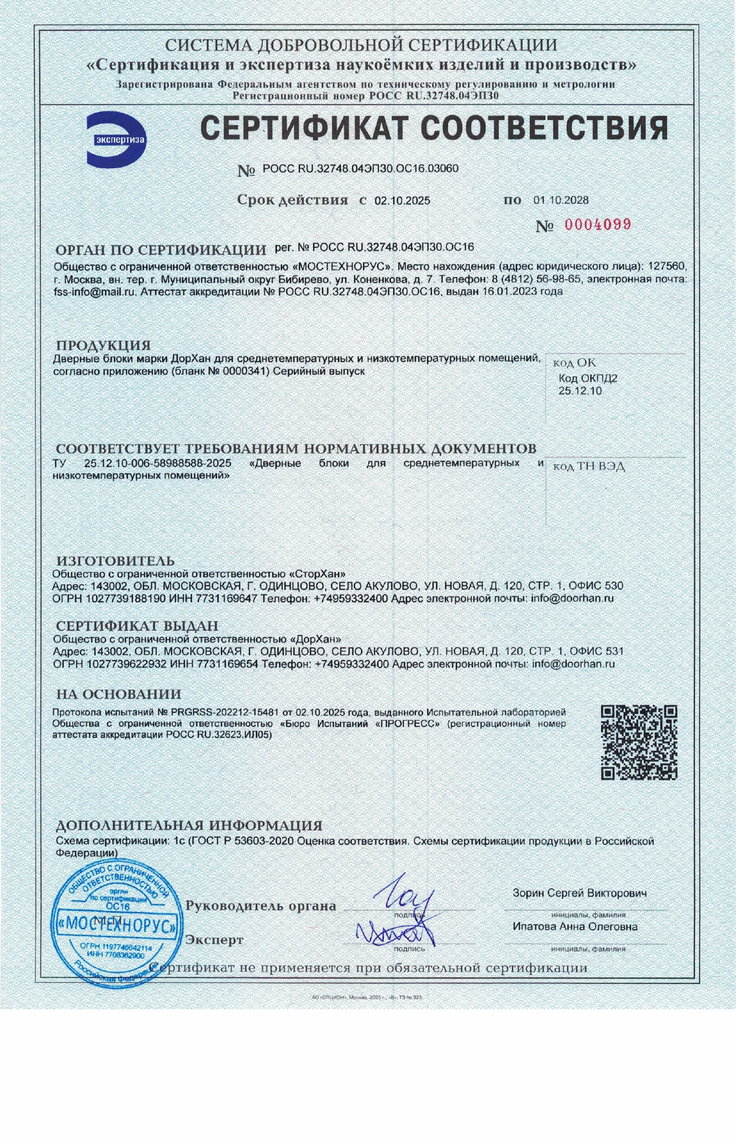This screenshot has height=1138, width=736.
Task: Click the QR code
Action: [639, 742]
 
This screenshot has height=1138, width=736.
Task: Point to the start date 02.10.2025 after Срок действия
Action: [402, 201]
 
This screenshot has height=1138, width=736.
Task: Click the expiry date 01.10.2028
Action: [561, 200]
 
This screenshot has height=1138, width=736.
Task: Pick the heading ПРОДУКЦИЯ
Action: [103, 345]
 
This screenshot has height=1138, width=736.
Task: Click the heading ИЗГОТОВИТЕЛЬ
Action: [115, 561]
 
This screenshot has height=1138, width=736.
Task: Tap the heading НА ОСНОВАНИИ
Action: [119, 694]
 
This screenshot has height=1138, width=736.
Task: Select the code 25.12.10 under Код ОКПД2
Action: [580, 391]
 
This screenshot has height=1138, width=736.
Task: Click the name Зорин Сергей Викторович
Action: [580, 893]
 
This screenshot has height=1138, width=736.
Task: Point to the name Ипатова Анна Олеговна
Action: [575, 927]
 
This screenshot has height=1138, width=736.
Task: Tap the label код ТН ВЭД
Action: [589, 466]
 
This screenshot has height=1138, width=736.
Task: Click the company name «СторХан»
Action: [316, 574]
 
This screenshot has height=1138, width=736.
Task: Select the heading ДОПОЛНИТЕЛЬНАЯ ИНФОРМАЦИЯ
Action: [189, 825]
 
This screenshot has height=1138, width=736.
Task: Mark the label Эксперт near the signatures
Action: [214, 940]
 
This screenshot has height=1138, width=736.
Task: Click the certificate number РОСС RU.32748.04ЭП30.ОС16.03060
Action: [361, 169]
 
